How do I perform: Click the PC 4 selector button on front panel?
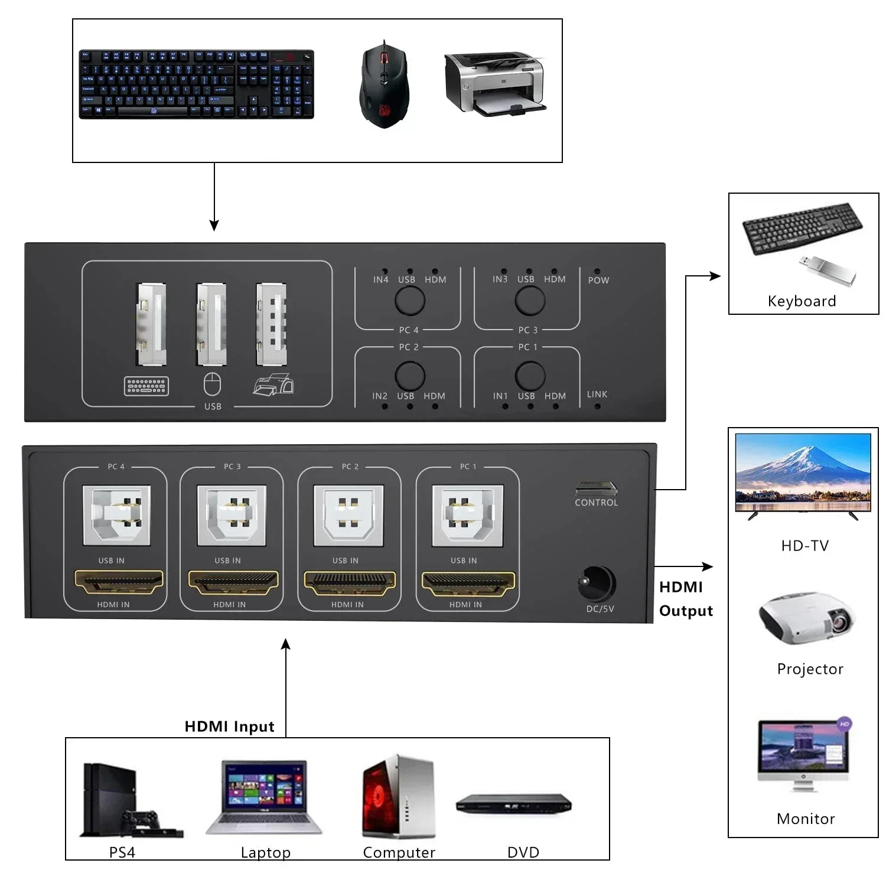tap(409, 301)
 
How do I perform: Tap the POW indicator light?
tap(597, 271)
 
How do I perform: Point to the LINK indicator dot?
tap(597, 406)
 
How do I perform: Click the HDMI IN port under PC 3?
tap(233, 583)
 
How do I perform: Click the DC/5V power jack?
tap(597, 584)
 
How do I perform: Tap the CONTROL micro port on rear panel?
tap(596, 488)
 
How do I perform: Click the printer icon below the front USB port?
tap(273, 385)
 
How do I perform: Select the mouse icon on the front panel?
tap(212, 385)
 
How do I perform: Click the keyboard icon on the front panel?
tap(146, 386)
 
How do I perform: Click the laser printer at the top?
tap(494, 83)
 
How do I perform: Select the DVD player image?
tap(513, 804)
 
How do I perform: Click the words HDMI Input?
tap(229, 726)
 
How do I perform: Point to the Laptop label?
tap(265, 852)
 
